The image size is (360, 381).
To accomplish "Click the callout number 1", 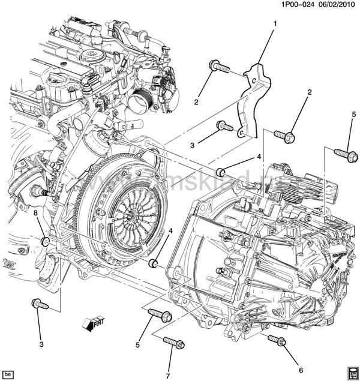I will pos(275,23).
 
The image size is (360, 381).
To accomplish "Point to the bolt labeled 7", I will pos(172,342).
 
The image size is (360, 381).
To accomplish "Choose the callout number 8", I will pos(35,213).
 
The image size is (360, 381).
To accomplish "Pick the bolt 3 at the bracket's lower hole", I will pos(224,126).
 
